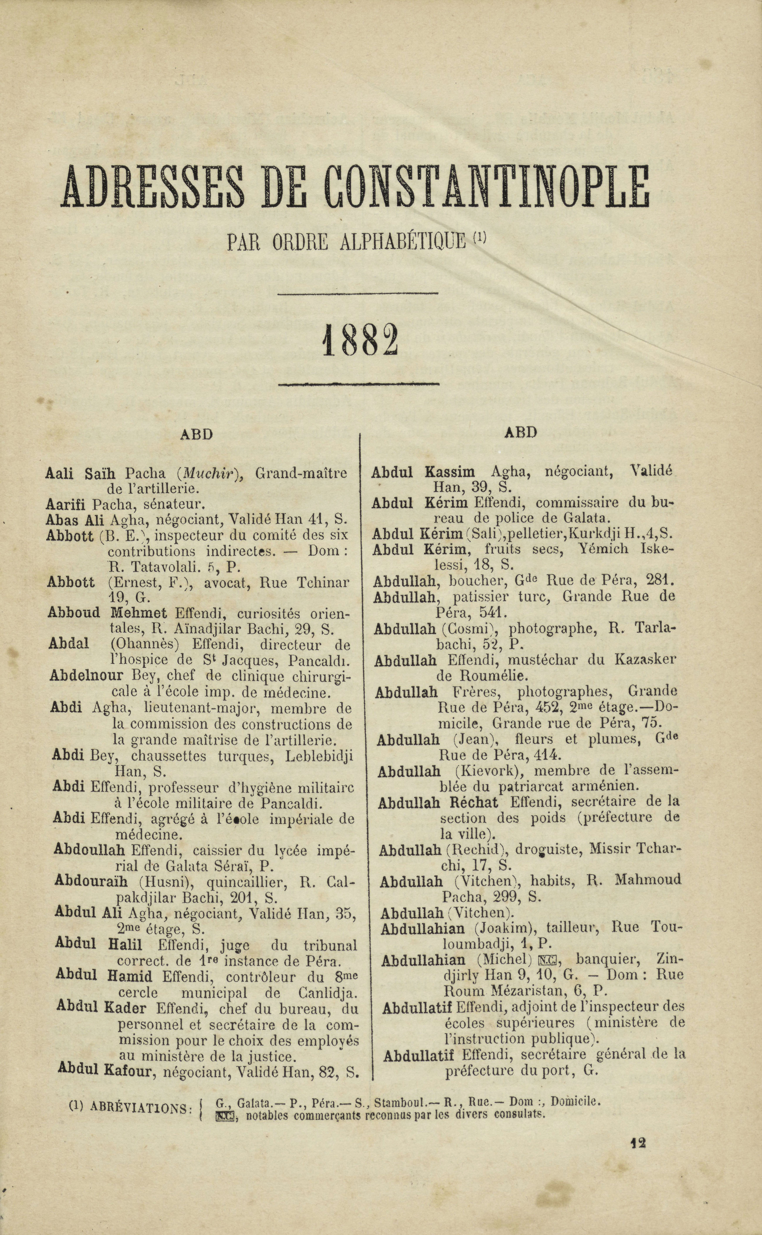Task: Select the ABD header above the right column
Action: click(521, 432)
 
